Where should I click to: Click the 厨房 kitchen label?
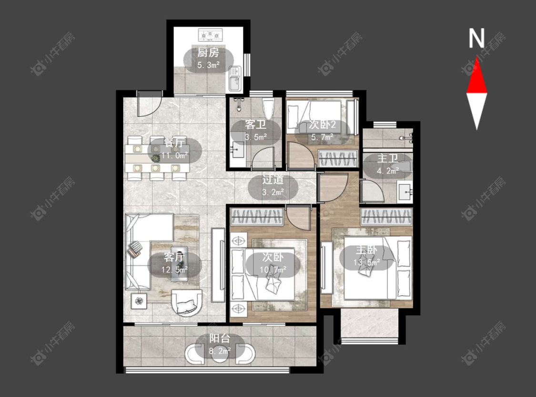[208, 53]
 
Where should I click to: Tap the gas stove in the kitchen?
[211, 34]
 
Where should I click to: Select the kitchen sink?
[235, 79]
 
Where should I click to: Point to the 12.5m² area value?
[175, 270]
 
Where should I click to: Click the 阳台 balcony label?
[219, 339]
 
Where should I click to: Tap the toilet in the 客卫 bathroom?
[268, 108]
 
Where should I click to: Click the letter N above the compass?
[476, 38]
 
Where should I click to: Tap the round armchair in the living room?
[187, 303]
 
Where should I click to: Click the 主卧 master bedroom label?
[366, 250]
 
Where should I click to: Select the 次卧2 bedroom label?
[323, 125]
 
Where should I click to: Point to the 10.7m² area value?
[273, 270]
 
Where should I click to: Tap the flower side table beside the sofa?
[139, 301]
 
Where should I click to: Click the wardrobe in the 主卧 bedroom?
[386, 217]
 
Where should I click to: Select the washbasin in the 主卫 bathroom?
[405, 192]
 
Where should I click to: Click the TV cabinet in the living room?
[218, 265]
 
